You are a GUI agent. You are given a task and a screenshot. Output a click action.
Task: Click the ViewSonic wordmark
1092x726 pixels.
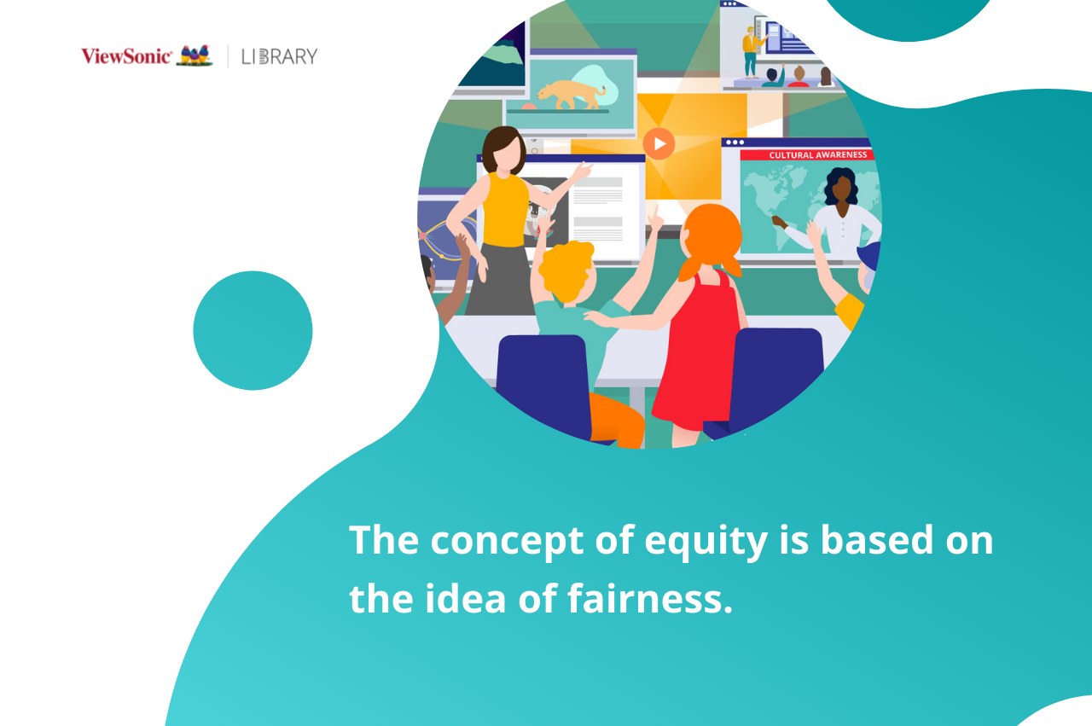tap(126, 56)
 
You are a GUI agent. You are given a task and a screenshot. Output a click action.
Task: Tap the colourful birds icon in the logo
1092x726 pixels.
tap(195, 55)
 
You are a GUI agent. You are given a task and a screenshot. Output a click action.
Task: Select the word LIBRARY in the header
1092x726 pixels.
tap(279, 56)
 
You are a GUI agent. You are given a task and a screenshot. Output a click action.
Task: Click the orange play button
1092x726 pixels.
tap(659, 144)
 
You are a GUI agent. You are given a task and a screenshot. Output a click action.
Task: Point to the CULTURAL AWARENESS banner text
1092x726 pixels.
tap(818, 155)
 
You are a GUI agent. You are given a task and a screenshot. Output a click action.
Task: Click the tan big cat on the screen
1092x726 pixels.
tap(572, 94)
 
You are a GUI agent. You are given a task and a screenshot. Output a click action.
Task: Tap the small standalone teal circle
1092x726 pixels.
tap(253, 330)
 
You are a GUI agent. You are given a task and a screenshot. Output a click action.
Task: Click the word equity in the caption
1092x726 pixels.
tap(706, 542)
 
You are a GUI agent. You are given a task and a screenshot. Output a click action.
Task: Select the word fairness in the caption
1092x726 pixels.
tap(650, 598)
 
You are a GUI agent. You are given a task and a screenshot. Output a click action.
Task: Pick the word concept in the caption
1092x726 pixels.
tap(507, 542)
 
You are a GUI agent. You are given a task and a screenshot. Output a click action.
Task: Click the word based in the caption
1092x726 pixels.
tap(876, 539)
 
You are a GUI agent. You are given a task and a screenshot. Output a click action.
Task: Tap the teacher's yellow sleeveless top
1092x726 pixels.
tap(505, 210)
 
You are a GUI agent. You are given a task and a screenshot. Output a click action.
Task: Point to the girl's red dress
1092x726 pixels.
tap(698, 351)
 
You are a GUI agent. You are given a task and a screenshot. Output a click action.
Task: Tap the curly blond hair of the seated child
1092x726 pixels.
tap(567, 270)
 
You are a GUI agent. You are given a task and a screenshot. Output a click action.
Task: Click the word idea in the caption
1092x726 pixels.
tap(466, 598)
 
